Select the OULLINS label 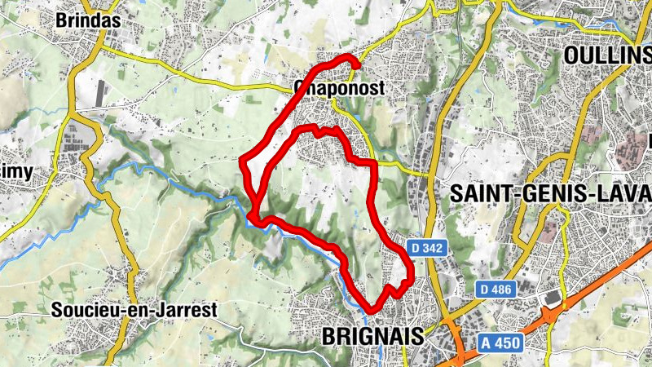tap(607, 54)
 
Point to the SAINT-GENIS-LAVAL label tap(551, 193)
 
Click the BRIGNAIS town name tap(374, 336)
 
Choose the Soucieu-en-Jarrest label tap(134, 310)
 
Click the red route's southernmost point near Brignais tap(372, 311)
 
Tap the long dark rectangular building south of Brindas tap(100, 93)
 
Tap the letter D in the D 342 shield tap(413, 246)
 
